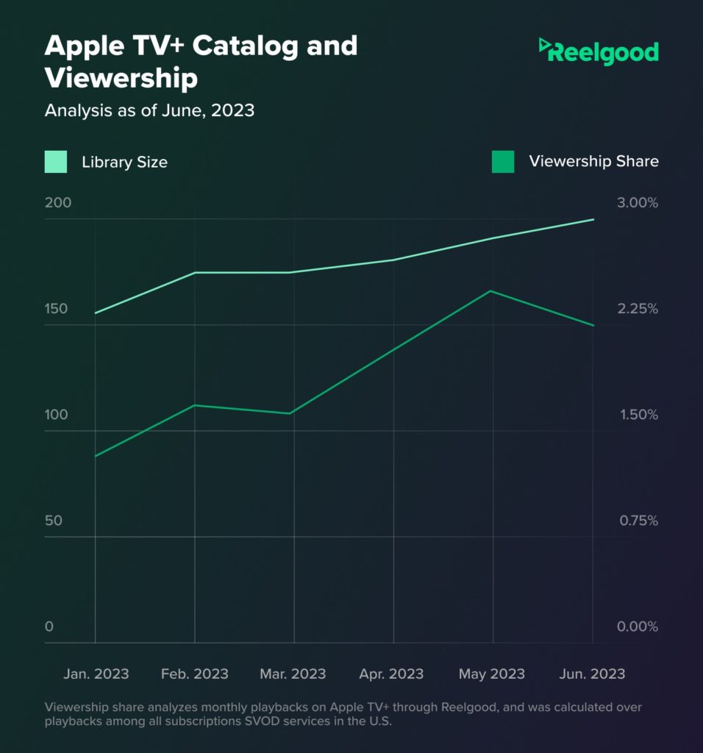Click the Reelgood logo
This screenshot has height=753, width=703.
tap(598, 51)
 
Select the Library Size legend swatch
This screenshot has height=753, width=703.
tap(56, 161)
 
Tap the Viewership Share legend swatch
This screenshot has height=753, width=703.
tap(503, 161)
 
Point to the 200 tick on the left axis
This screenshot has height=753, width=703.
tap(58, 203)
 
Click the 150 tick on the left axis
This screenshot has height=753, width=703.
tap(56, 309)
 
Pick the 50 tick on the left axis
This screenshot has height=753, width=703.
tap(54, 521)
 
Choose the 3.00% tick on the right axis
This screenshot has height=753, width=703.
tap(638, 203)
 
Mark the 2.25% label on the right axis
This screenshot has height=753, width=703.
tap(638, 309)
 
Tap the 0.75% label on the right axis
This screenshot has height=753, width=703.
tap(638, 521)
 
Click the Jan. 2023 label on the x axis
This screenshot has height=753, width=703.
tap(96, 674)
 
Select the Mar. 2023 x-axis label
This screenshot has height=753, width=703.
tap(293, 674)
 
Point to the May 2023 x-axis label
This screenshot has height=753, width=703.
tap(492, 674)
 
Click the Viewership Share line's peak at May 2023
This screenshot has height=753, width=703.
tap(491, 291)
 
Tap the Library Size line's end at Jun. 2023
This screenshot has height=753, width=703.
tap(593, 220)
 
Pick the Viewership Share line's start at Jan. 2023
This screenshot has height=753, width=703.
tap(96, 456)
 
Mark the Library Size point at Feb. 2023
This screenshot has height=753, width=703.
tap(195, 273)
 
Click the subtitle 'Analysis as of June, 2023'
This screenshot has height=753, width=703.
tap(149, 111)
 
